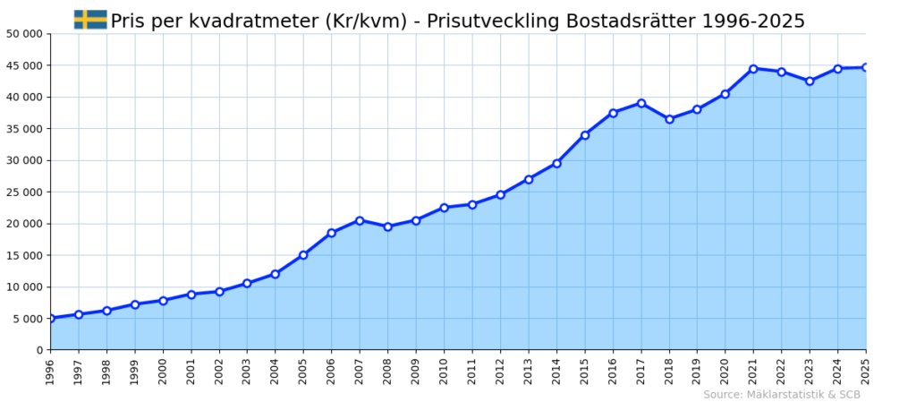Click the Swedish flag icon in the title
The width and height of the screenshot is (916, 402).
pyautogui.click(x=89, y=20)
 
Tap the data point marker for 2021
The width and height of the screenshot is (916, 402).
pyautogui.click(x=753, y=69)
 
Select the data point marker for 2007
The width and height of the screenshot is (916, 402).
pyautogui.click(x=360, y=220)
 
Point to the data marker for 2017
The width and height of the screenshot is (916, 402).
pyautogui.click(x=641, y=103)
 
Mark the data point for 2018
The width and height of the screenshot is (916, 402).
pyautogui.click(x=669, y=119)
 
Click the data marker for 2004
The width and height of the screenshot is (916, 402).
pyautogui.click(x=275, y=274)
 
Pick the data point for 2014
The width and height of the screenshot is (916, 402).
pyautogui.click(x=556, y=163)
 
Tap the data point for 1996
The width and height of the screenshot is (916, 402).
pyautogui.click(x=51, y=318)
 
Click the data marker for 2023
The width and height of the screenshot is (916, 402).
pyautogui.click(x=810, y=81)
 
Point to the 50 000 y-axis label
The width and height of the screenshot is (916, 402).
pyautogui.click(x=24, y=34)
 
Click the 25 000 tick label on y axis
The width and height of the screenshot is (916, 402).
pyautogui.click(x=24, y=192)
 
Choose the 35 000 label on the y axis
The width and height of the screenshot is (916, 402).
pyautogui.click(x=24, y=129)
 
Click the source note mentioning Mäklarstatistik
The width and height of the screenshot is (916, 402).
pyautogui.click(x=781, y=395)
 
